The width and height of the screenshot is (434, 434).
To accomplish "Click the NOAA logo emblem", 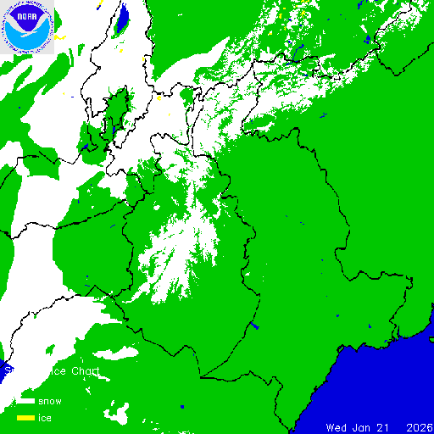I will coord(28,26).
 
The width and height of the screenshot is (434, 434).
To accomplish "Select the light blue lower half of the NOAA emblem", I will coord(28,38).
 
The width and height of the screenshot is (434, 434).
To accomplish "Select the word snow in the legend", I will coord(50,401).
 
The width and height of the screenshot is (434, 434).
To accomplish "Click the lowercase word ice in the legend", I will coord(46,418).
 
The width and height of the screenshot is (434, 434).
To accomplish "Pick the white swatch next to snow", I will coord(25,401).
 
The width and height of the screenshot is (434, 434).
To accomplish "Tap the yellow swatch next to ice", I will coord(25,418).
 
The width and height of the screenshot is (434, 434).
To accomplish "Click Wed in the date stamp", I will coord(337,426).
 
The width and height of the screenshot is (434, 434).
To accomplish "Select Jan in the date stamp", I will coord(364,426).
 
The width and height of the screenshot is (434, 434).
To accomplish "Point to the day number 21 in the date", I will coord(387,426).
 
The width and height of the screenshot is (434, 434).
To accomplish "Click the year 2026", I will coord(420,426).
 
